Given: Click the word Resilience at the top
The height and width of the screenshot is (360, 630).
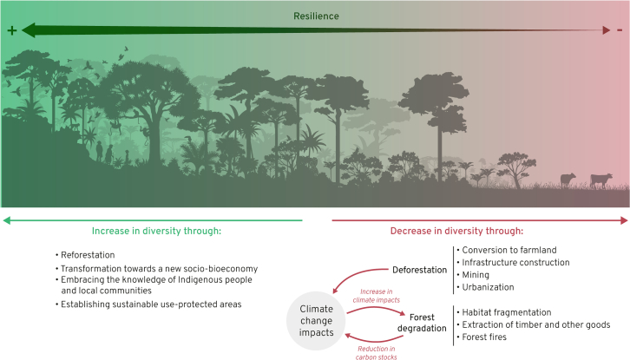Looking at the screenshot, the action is [315, 16].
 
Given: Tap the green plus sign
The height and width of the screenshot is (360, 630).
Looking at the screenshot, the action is [12, 31].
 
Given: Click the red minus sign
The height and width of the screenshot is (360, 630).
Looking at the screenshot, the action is [619, 31].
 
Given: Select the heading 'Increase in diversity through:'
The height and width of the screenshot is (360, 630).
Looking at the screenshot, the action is [156, 232].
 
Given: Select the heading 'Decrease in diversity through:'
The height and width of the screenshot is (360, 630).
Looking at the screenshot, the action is [460, 232].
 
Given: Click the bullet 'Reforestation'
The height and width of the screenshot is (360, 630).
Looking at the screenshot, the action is [86, 255].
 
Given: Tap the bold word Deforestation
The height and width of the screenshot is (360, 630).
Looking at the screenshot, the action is [419, 269].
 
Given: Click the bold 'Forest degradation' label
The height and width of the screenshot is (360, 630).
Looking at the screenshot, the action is [423, 323].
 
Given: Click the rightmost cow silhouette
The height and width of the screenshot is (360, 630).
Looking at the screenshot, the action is [600, 180].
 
